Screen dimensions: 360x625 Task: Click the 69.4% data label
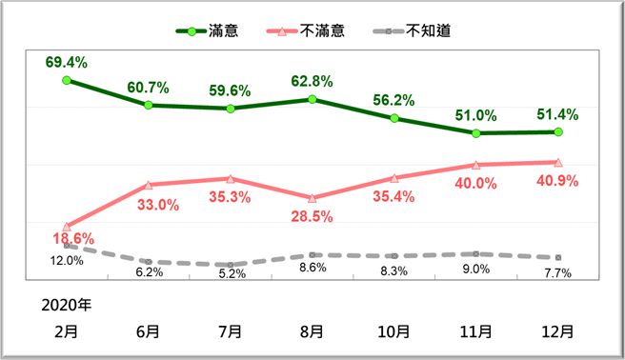(x=66, y=63)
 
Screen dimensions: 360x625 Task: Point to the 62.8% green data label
(x=312, y=80)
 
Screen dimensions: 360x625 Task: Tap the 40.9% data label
(x=557, y=180)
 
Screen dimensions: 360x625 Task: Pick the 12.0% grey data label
(x=66, y=260)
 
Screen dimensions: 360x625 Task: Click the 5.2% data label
(x=232, y=273)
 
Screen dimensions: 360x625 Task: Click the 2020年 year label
(x=67, y=306)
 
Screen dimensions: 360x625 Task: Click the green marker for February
(x=67, y=80)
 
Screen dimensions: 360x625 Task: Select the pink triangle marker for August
(x=312, y=198)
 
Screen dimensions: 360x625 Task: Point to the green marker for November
(x=476, y=133)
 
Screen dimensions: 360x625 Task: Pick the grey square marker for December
(x=558, y=258)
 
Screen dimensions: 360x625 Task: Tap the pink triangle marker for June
(x=149, y=184)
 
